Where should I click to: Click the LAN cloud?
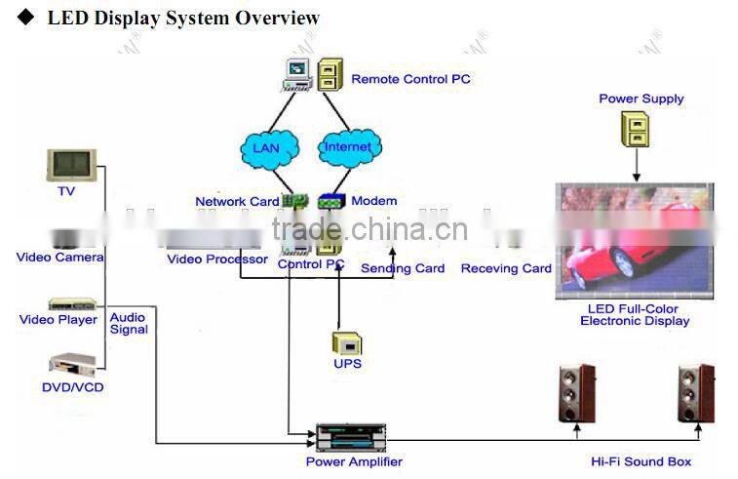click(266, 147)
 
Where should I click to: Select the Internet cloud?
click(347, 147)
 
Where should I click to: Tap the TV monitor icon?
click(72, 164)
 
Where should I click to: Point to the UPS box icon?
click(347, 342)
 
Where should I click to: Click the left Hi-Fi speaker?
click(577, 393)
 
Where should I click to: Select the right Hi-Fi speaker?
click(696, 393)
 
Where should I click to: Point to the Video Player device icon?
click(73, 303)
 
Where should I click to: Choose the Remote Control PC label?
click(410, 79)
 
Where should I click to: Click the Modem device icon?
click(331, 201)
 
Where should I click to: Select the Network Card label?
click(237, 202)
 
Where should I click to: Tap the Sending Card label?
click(403, 268)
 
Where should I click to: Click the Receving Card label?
click(506, 268)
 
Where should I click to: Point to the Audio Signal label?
click(129, 324)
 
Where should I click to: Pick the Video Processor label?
click(217, 259)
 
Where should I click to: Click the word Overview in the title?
click(277, 19)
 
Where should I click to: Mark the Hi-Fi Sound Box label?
click(641, 461)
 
